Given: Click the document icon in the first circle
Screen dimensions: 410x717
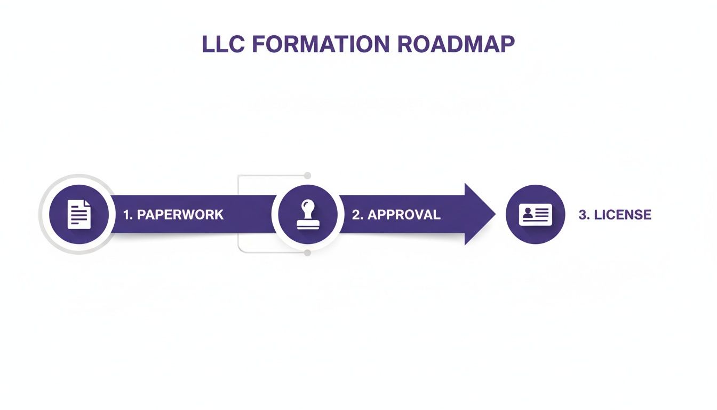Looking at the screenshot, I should point(79,214).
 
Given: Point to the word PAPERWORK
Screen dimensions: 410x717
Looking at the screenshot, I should point(180,215).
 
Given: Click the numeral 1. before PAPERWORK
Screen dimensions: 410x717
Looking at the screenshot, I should point(128,215).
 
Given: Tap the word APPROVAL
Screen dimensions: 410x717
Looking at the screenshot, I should point(404,215).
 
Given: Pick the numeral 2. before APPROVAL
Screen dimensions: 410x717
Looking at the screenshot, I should point(357,215).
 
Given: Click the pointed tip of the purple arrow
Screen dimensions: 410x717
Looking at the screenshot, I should point(494,214).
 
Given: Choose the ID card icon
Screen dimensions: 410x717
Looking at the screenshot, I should point(535,214).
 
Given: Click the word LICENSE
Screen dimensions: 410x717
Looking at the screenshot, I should point(623,215).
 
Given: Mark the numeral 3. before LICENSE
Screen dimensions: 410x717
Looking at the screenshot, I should point(584,215).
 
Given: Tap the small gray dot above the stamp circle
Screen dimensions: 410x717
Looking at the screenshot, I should point(307,175).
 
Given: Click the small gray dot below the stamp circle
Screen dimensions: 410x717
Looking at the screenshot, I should point(307,253).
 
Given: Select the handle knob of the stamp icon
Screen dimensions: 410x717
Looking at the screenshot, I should point(307,205).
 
